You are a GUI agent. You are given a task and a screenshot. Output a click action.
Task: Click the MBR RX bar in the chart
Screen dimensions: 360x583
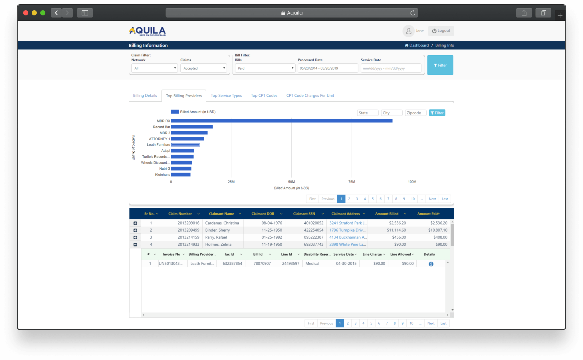pos(281,121)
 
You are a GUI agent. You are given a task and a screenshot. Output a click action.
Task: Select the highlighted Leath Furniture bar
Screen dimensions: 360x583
pos(185,145)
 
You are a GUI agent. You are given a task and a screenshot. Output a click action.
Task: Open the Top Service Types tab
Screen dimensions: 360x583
pos(226,96)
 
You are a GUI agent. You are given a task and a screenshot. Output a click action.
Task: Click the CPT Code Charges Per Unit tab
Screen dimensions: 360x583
pos(310,96)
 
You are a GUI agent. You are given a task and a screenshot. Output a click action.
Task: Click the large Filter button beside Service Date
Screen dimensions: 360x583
pos(440,65)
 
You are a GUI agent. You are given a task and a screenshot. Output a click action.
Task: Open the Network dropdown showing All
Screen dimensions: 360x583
pos(154,68)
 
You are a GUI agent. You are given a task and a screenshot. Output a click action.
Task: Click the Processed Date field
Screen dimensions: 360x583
pos(327,68)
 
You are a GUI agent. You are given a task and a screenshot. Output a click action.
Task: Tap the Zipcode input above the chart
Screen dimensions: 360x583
pos(415,113)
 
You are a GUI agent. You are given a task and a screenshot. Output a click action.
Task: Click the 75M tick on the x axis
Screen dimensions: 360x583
pos(352,182)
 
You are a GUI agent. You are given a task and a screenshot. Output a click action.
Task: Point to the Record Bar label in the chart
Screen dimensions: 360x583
pos(161,127)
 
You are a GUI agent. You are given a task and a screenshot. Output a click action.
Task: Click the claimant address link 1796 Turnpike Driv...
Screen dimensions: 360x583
pos(347,230)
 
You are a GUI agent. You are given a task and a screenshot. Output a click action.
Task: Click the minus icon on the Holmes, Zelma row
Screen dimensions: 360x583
pos(135,244)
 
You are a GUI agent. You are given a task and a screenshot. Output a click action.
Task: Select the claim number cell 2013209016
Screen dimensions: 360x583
pos(188,223)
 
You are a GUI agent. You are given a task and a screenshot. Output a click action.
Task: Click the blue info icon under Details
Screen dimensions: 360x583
pos(431,264)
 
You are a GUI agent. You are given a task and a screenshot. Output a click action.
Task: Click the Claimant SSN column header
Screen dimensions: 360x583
pos(304,214)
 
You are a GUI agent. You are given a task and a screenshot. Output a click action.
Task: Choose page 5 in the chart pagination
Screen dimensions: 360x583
pos(372,199)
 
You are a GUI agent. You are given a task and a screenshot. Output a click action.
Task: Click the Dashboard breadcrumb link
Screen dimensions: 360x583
pos(419,45)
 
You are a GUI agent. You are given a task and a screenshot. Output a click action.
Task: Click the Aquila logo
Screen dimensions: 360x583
pos(147,31)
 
